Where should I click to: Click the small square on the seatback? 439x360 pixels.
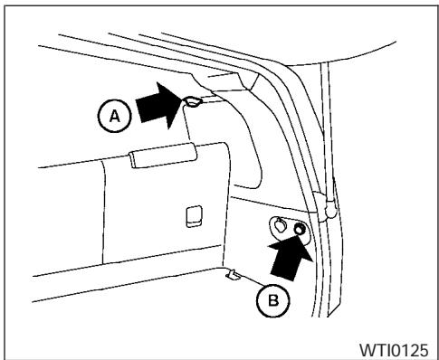[193, 215]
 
